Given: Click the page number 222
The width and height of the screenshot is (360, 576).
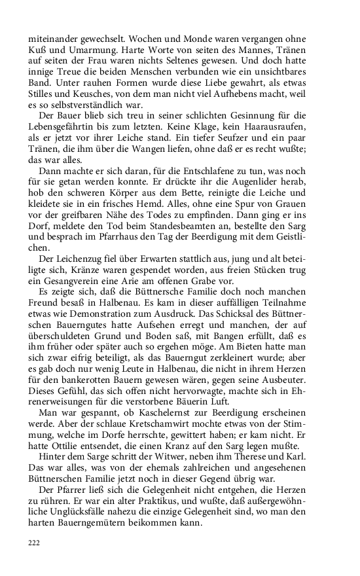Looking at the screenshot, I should click(x=33, y=543).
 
